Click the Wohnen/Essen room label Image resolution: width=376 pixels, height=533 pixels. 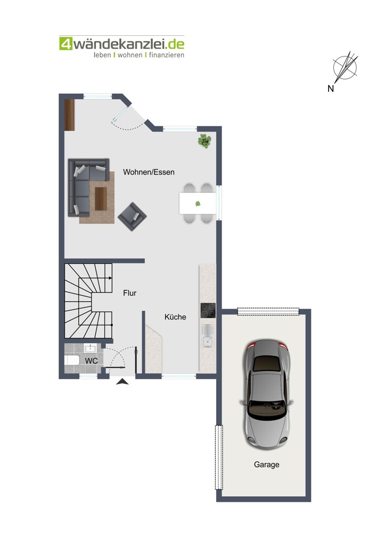(x=149, y=172)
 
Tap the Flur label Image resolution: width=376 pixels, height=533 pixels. (x=130, y=293)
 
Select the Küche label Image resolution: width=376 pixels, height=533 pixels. (x=175, y=317)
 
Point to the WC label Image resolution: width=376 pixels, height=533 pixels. (x=92, y=361)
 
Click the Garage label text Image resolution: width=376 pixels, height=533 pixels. (x=267, y=465)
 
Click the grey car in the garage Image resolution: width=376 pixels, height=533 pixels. (x=267, y=394)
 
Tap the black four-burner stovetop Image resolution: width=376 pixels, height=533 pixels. (x=208, y=310)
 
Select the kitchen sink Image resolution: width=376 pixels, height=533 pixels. (x=207, y=336)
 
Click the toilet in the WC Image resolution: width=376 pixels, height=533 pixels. (x=72, y=360)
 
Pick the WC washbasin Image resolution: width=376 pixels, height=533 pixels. (x=91, y=348)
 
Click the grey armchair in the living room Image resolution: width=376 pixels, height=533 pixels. (x=132, y=216)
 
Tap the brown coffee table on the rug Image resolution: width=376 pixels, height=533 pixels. (x=101, y=198)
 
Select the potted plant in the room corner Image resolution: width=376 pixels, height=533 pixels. (x=205, y=141)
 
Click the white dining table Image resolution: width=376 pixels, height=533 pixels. (x=198, y=203)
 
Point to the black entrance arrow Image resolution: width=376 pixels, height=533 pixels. (x=122, y=382)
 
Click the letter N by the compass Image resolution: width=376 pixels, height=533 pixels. (x=331, y=88)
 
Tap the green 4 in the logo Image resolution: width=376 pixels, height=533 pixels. (x=66, y=44)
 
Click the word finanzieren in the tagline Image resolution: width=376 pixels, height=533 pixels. (x=167, y=55)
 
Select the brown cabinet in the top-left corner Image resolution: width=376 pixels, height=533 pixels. (x=69, y=115)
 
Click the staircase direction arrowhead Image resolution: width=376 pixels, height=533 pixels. (x=110, y=278)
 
